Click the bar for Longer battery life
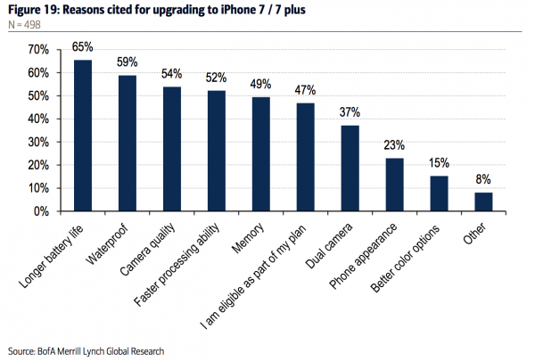(83, 136)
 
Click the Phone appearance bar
(394, 185)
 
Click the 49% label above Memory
(261, 85)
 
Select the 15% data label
(439, 163)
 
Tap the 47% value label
(306, 90)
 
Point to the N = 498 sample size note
(23, 24)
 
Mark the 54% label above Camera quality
(172, 73)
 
